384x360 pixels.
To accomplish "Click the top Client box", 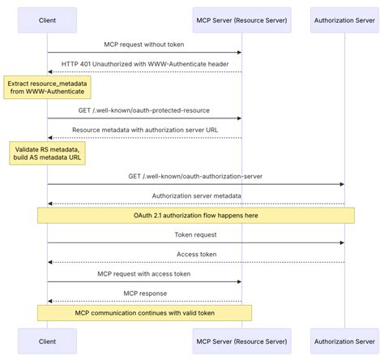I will click(47, 19).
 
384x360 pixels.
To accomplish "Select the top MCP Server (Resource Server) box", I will click(241, 19).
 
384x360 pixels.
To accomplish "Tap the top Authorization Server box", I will click(343, 19).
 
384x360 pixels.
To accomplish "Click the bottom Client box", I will click(47, 341).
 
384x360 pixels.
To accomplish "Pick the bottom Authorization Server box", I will click(343, 341).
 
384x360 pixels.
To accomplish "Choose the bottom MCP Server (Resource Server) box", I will click(241, 341).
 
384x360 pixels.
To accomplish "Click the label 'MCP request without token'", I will click(144, 45).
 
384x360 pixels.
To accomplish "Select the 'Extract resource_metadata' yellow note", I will click(47, 87).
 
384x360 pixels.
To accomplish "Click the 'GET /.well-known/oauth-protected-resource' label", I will click(144, 110).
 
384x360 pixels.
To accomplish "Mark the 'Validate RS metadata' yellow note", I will click(47, 152).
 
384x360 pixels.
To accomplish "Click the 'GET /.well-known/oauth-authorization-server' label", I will click(195, 176).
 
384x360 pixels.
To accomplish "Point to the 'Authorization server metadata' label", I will click(195, 195).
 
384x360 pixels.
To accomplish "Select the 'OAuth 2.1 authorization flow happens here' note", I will click(195, 216).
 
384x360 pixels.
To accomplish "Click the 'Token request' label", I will click(195, 235).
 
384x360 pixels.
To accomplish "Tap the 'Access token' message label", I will click(195, 255).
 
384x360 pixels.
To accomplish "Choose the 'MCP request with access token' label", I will click(144, 274).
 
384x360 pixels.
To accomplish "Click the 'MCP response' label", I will click(144, 294).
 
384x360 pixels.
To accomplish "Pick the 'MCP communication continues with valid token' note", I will click(144, 313).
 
